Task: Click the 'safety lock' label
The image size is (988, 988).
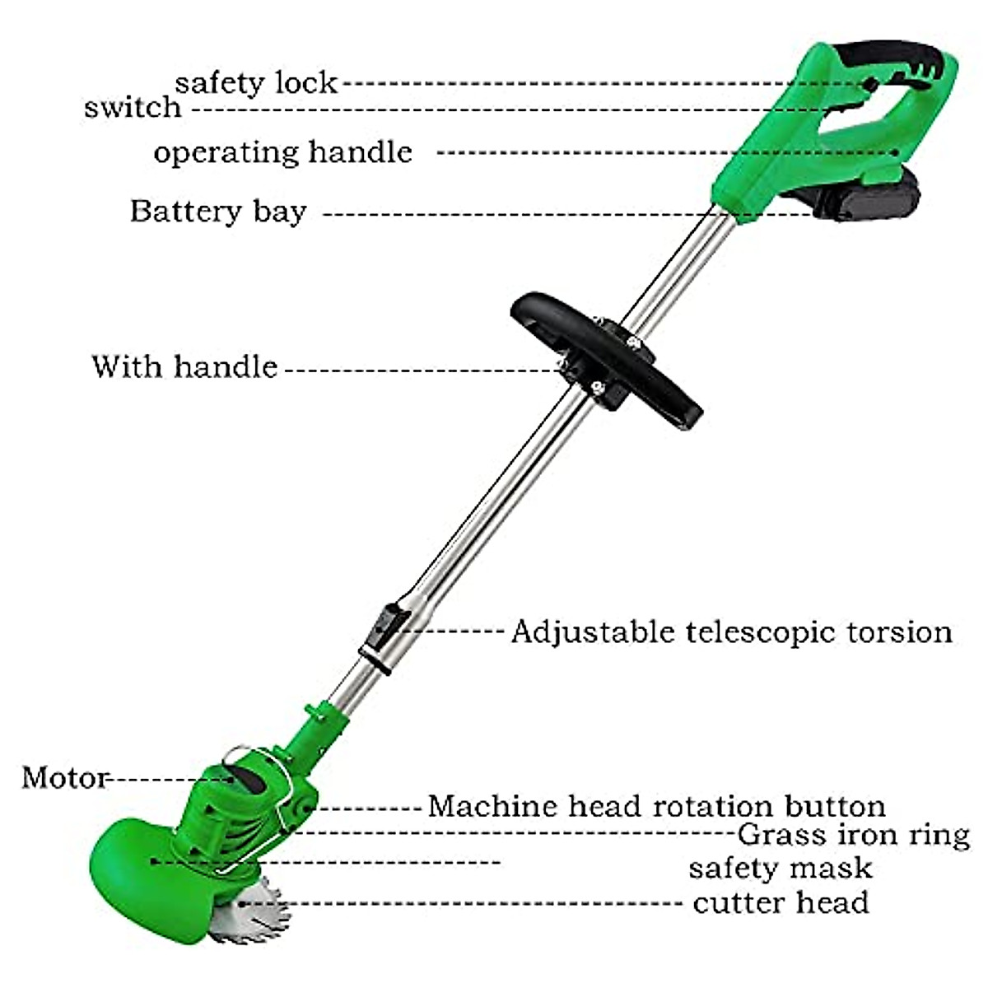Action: tap(256, 82)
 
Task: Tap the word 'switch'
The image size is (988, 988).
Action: tap(133, 108)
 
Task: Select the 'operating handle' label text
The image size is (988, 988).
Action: tap(282, 152)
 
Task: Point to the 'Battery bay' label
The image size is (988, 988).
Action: tap(218, 212)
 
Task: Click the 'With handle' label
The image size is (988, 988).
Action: tap(184, 366)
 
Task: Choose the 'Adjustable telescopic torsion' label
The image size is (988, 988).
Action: tap(731, 632)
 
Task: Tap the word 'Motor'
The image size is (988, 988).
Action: tap(64, 777)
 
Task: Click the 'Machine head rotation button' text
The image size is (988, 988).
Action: tap(656, 805)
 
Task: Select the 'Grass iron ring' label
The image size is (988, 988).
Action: tap(853, 835)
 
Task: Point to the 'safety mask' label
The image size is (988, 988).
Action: tap(780, 868)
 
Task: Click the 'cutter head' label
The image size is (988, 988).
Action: tap(781, 902)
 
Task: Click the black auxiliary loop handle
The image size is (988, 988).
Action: tap(609, 354)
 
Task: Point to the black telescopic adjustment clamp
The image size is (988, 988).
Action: tap(383, 630)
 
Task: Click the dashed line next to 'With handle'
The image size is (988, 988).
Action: tap(420, 370)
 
